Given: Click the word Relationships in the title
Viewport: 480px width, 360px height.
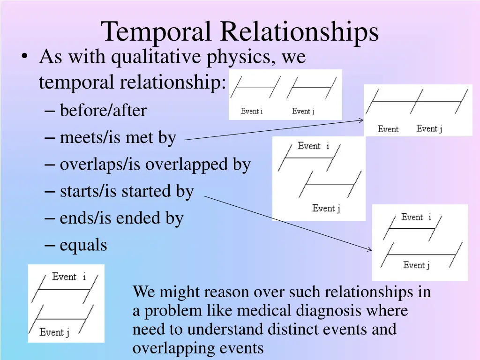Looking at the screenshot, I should pos(300,32).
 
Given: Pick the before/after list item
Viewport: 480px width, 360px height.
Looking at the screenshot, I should pos(103,111).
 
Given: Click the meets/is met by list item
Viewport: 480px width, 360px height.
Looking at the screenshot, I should pos(118,138).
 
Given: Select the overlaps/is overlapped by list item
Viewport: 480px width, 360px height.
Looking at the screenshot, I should pos(155,165).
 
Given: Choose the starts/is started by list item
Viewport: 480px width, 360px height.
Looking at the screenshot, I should pos(127,191).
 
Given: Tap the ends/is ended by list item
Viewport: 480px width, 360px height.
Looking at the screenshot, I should pos(121,218).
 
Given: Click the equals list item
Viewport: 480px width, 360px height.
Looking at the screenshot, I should pos(83,245).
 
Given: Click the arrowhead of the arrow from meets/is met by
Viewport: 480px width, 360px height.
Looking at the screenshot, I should pos(361,120).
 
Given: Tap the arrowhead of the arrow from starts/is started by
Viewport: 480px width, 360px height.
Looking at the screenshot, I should pos(370,250).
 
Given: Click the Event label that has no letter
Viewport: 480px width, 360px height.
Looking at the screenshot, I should pos(388,129).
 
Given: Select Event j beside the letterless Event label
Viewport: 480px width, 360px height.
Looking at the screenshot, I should pos(429,129).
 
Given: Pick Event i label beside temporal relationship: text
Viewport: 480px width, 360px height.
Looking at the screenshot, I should pos(252,111).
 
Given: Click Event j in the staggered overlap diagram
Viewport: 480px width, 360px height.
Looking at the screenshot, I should pos(326,208).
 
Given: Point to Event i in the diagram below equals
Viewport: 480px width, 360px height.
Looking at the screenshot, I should pos(69,277).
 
